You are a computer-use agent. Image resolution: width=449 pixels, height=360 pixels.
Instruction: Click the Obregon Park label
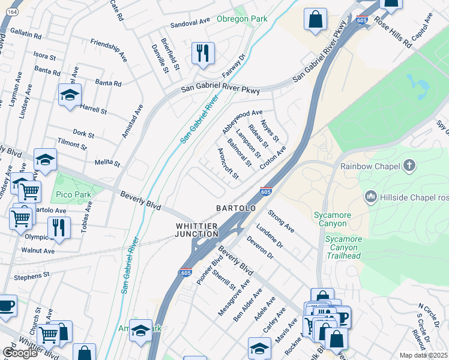tap(242, 19)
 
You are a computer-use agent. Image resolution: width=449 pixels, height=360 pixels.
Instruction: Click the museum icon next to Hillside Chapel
tap(370, 196)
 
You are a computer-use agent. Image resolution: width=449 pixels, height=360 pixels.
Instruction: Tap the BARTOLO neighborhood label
tap(236, 208)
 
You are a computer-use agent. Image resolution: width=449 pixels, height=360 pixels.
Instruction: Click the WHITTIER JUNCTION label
tap(196, 230)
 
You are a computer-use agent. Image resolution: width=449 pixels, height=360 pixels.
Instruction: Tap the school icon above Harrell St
tap(70, 95)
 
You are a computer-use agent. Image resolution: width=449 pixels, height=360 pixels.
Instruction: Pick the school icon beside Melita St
tap(45, 160)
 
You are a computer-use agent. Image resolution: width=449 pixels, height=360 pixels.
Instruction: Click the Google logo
tap(20, 353)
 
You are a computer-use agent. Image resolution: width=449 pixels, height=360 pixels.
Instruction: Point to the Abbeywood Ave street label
tap(243, 121)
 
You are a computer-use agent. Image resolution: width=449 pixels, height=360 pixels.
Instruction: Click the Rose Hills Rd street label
tap(393, 31)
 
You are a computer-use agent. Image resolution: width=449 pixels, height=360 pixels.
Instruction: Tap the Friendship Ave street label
tap(109, 51)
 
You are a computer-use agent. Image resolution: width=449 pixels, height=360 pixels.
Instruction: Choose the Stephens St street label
tap(31, 275)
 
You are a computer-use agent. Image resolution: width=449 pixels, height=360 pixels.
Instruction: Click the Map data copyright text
tap(424, 355)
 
